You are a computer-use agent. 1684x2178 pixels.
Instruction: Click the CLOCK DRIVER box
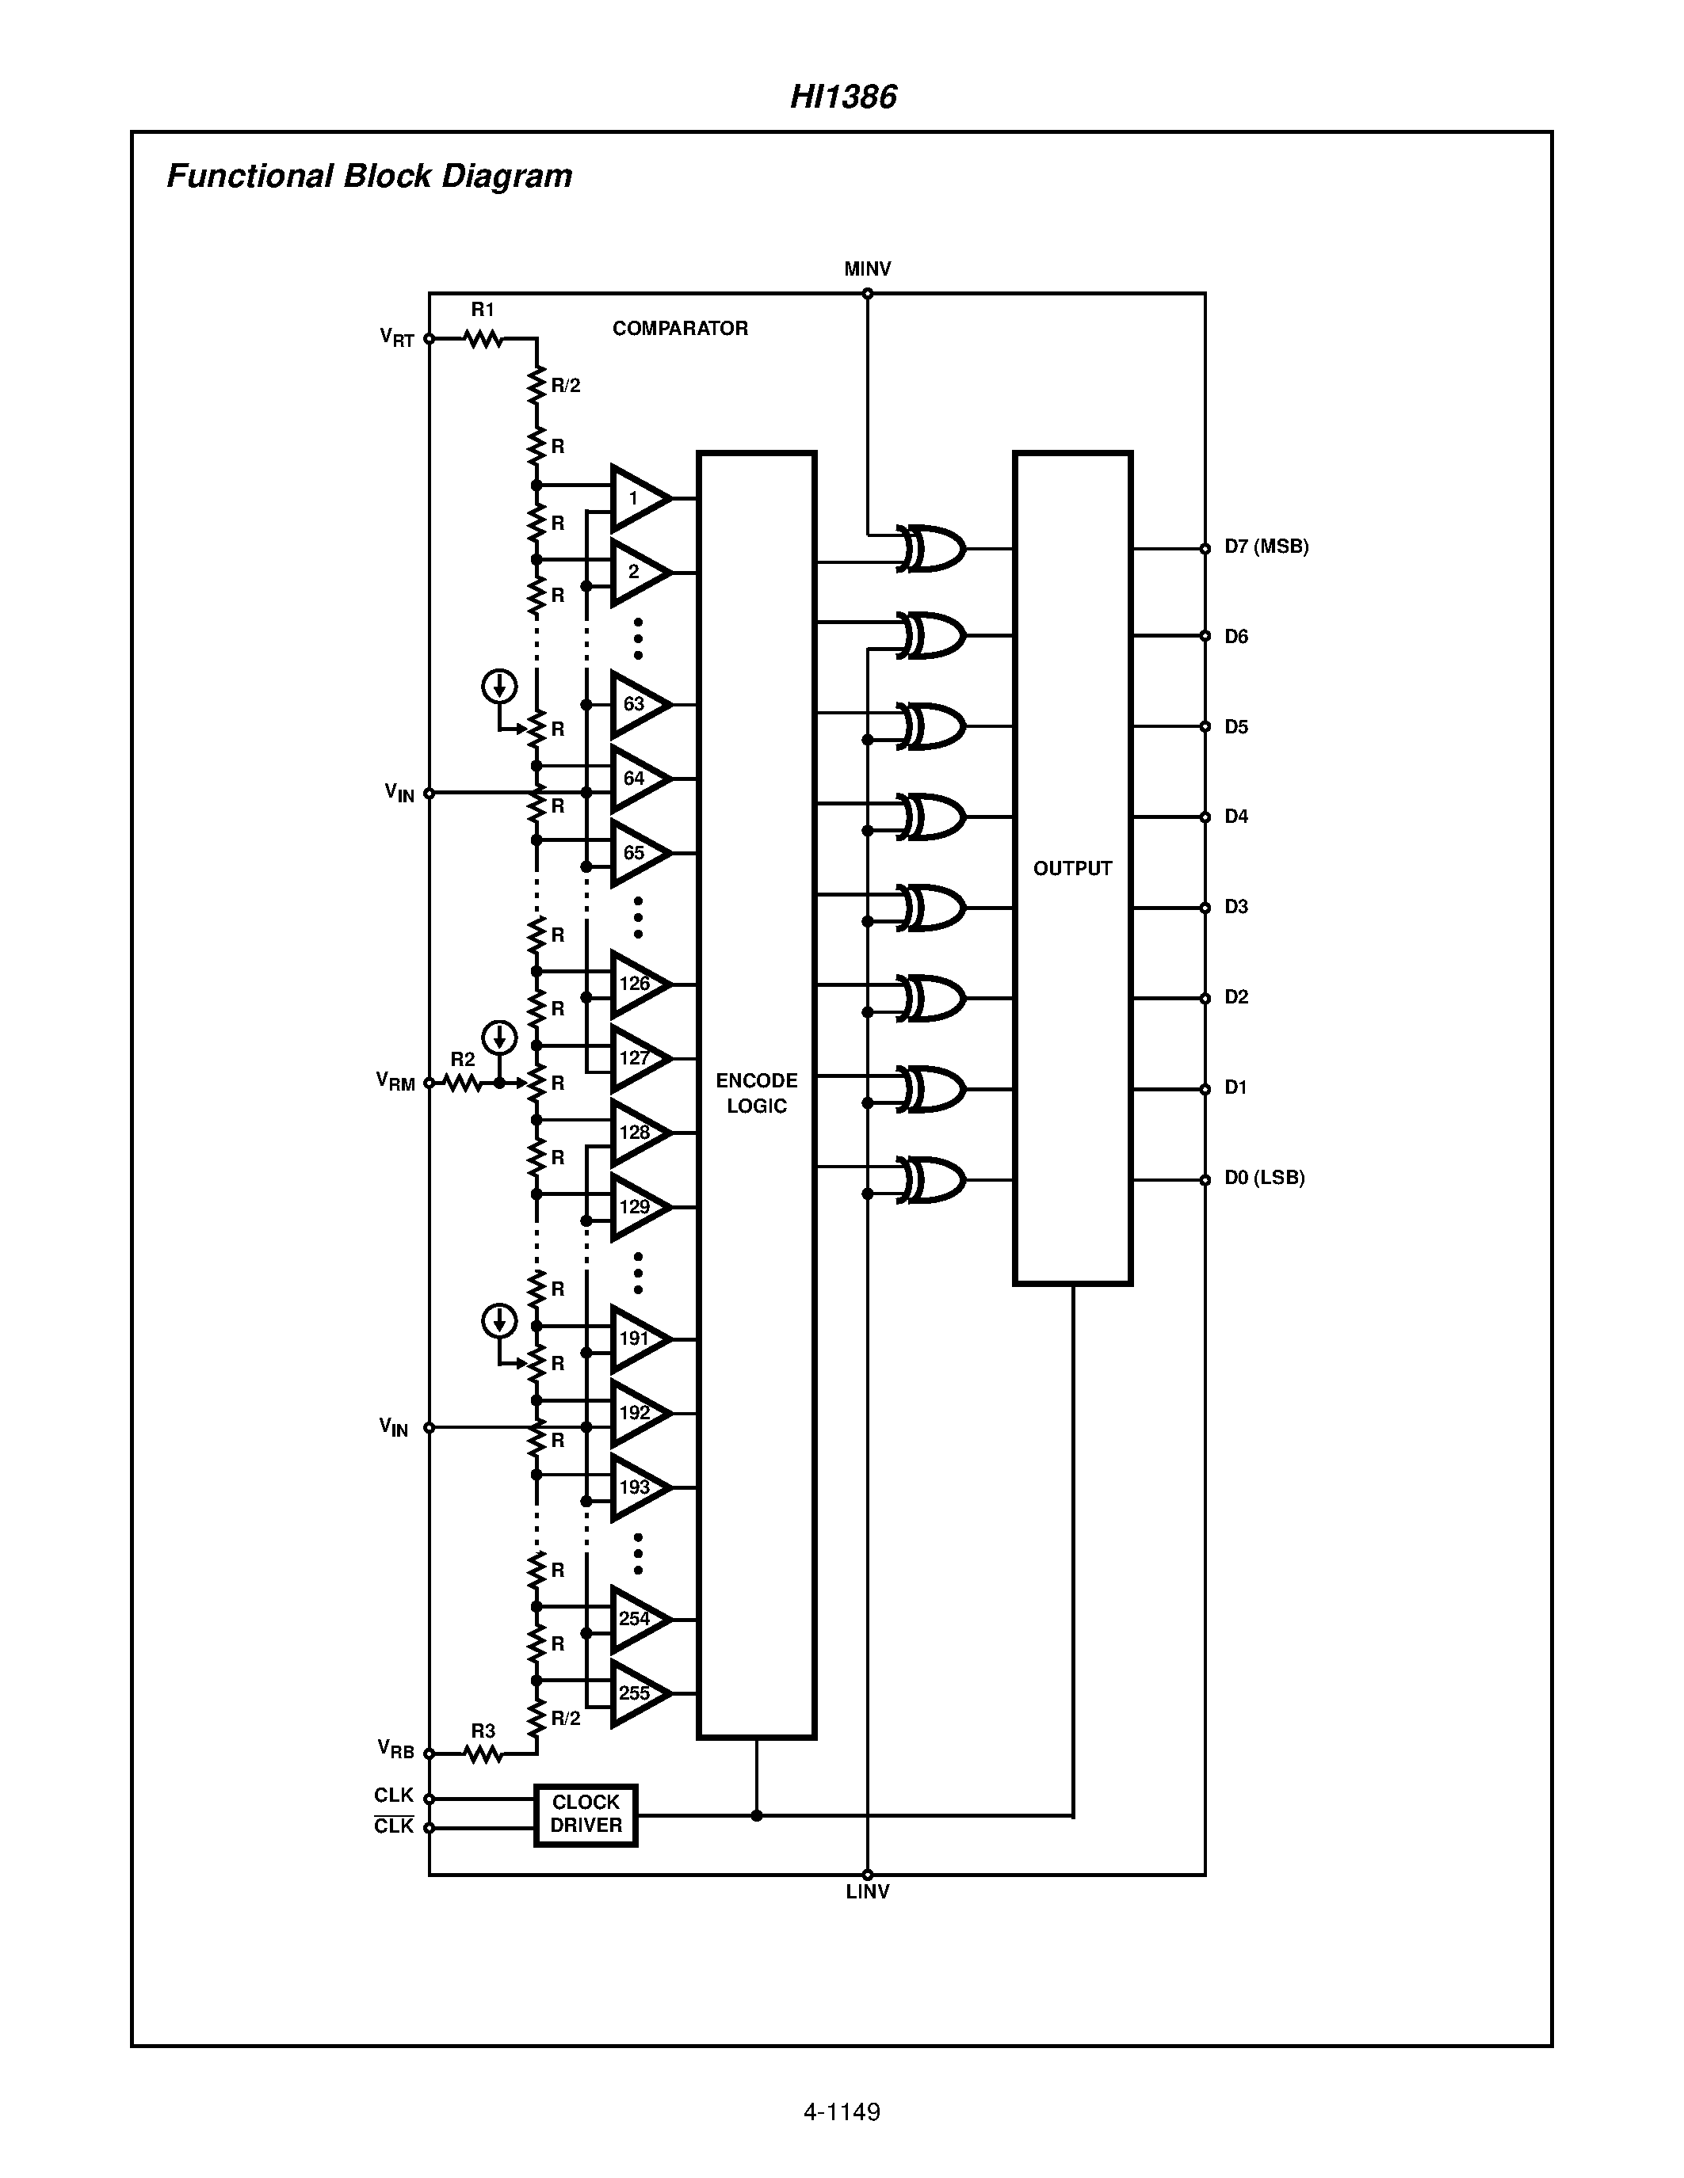pyautogui.click(x=586, y=1815)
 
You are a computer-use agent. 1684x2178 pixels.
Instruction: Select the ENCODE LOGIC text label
pyautogui.click(x=756, y=1093)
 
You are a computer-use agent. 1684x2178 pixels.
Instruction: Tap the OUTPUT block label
pyautogui.click(x=1072, y=869)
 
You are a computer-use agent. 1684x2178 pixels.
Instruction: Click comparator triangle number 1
pyautogui.click(x=639, y=497)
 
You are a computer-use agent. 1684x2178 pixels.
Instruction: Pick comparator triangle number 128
pyautogui.click(x=639, y=1133)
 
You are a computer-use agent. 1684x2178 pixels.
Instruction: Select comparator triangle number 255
pyautogui.click(x=639, y=1693)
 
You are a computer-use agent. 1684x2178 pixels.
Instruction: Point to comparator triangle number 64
pyautogui.click(x=639, y=779)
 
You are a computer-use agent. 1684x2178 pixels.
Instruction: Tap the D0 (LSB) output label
pyautogui.click(x=1264, y=1178)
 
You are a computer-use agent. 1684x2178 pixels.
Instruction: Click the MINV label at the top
pyautogui.click(x=867, y=269)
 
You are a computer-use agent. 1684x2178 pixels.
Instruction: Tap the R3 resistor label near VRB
pyautogui.click(x=483, y=1731)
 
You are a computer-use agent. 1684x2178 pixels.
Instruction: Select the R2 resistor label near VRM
pyautogui.click(x=462, y=1059)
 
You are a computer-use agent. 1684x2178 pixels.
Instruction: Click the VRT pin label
pyautogui.click(x=397, y=338)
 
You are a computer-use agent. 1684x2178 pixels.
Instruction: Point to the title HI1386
pyautogui.click(x=843, y=97)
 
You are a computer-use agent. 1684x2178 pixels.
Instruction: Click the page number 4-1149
pyautogui.click(x=841, y=2112)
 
